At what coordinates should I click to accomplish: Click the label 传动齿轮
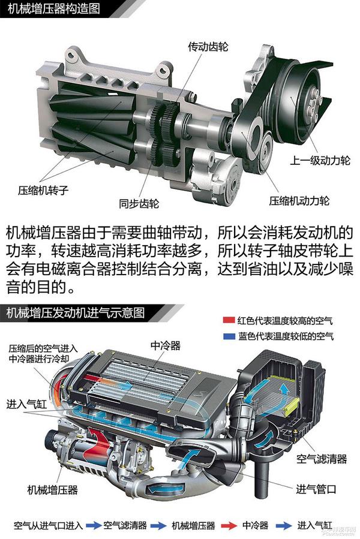pyautogui.click(x=208, y=46)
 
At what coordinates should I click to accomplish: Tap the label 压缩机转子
pyautogui.click(x=43, y=190)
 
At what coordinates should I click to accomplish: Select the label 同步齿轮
pyautogui.click(x=139, y=203)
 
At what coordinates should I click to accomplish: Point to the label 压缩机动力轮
pyautogui.click(x=299, y=201)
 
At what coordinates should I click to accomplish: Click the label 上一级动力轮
pyautogui.click(x=320, y=160)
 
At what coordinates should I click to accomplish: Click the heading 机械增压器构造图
pyautogui.click(x=54, y=8)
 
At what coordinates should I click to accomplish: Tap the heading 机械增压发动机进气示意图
pyautogui.click(x=76, y=312)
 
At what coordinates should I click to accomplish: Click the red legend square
pyautogui.click(x=229, y=320)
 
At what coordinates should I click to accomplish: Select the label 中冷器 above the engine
pyautogui.click(x=166, y=345)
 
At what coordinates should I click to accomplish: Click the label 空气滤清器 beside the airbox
pyautogui.click(x=322, y=459)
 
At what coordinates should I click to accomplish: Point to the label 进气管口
pyautogui.click(x=316, y=489)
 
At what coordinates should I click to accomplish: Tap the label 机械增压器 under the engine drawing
pyautogui.click(x=53, y=489)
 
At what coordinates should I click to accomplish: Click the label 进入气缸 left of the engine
pyautogui.click(x=26, y=404)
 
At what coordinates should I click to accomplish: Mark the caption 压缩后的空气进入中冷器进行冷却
pyautogui.click(x=43, y=354)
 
